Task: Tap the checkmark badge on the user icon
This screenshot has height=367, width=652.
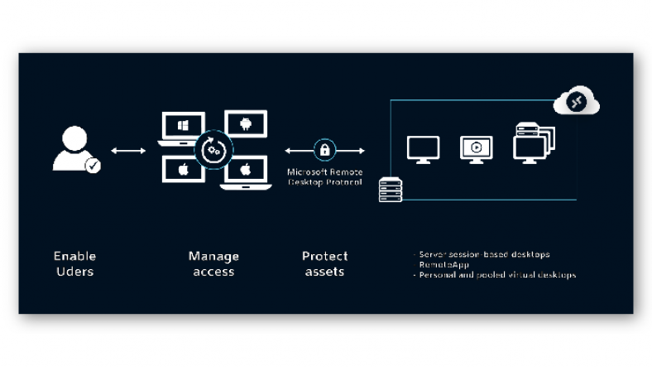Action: [93, 166]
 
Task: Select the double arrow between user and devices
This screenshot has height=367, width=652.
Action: [128, 151]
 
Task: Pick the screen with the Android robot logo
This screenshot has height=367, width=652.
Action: [246, 126]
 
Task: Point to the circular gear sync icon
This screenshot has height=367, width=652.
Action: [213, 150]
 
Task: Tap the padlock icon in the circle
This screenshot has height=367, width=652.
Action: [324, 150]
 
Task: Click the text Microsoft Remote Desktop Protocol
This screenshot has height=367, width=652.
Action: [324, 176]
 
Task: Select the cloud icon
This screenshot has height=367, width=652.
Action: [576, 102]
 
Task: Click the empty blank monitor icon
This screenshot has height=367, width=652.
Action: [423, 149]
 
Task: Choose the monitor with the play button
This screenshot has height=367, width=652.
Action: [476, 149]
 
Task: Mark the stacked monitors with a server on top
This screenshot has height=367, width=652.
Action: [533, 142]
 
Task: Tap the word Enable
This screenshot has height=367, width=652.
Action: [74, 256]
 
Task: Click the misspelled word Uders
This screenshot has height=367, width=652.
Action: [74, 272]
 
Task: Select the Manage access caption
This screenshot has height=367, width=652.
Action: [213, 263]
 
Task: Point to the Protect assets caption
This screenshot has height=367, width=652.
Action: [324, 263]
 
